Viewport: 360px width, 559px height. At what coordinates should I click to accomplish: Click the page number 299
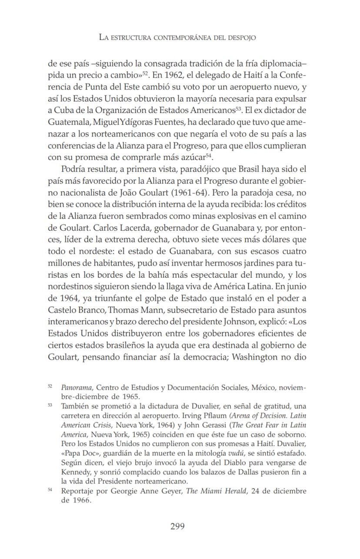[177, 526]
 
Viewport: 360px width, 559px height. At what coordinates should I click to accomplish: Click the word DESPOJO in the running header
[241, 37]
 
